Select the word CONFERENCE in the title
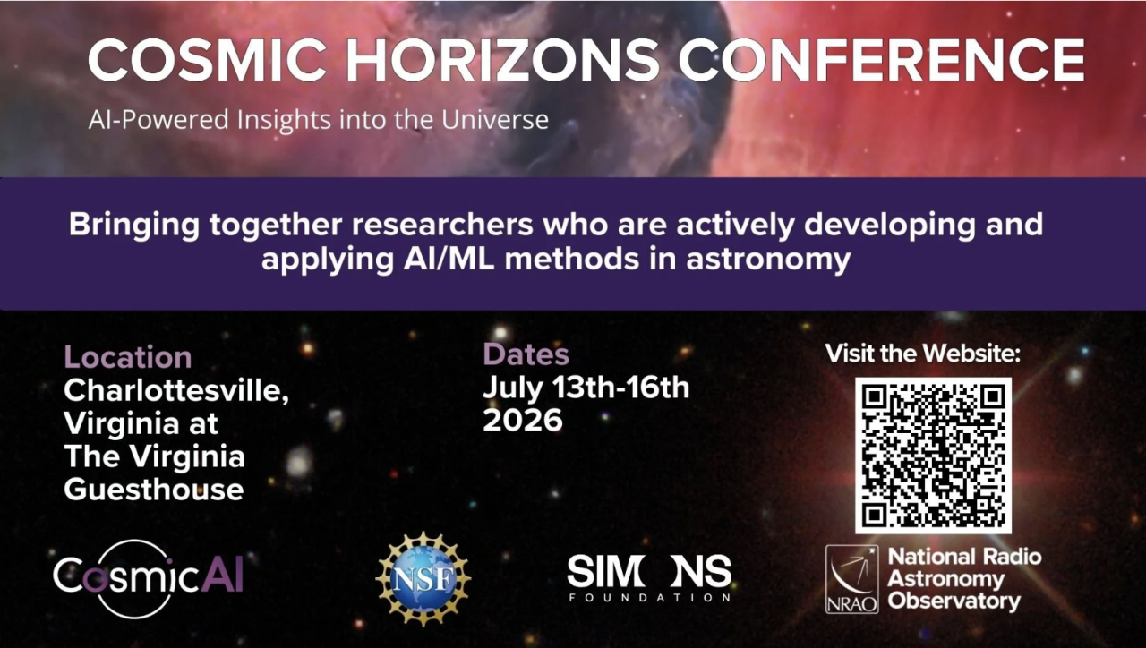[x=881, y=61]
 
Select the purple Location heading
[x=127, y=357]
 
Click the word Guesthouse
[x=153, y=489]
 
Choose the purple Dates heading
[x=526, y=354]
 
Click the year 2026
[x=523, y=420]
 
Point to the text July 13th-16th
[x=586, y=388]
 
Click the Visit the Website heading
[x=922, y=353]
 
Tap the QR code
[x=933, y=455]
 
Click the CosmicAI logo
[x=148, y=577]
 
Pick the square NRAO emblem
[x=851, y=579]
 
